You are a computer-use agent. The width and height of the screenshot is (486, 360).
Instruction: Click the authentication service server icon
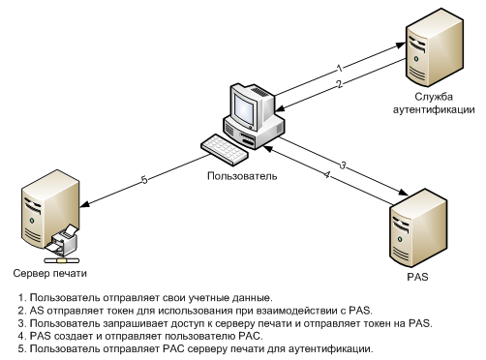[x=434, y=47]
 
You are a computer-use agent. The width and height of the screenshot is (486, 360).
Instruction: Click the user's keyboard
[x=225, y=150]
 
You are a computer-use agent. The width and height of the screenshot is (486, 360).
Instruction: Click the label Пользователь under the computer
[x=242, y=176]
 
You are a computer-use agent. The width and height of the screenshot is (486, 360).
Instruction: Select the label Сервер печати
[x=50, y=274]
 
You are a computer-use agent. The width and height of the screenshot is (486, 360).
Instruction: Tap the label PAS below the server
[x=417, y=277]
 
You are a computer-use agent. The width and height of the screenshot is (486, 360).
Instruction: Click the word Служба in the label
[x=434, y=97]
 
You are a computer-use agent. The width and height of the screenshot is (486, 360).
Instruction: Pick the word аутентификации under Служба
[x=434, y=109]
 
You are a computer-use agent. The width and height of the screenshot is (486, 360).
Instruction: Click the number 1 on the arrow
[x=339, y=69]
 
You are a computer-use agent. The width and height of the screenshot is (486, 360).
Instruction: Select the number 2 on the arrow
[x=339, y=84]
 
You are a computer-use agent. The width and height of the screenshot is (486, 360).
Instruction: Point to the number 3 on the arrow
[x=343, y=165]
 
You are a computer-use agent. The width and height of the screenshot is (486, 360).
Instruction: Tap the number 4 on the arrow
[x=327, y=175]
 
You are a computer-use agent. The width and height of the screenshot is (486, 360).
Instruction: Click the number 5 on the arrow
[x=144, y=179]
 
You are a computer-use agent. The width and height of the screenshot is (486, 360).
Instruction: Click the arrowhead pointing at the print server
[x=85, y=204]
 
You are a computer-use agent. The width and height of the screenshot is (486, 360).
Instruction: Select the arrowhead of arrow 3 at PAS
[x=403, y=193]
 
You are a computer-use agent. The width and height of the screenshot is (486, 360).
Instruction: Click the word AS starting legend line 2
[x=37, y=311]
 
